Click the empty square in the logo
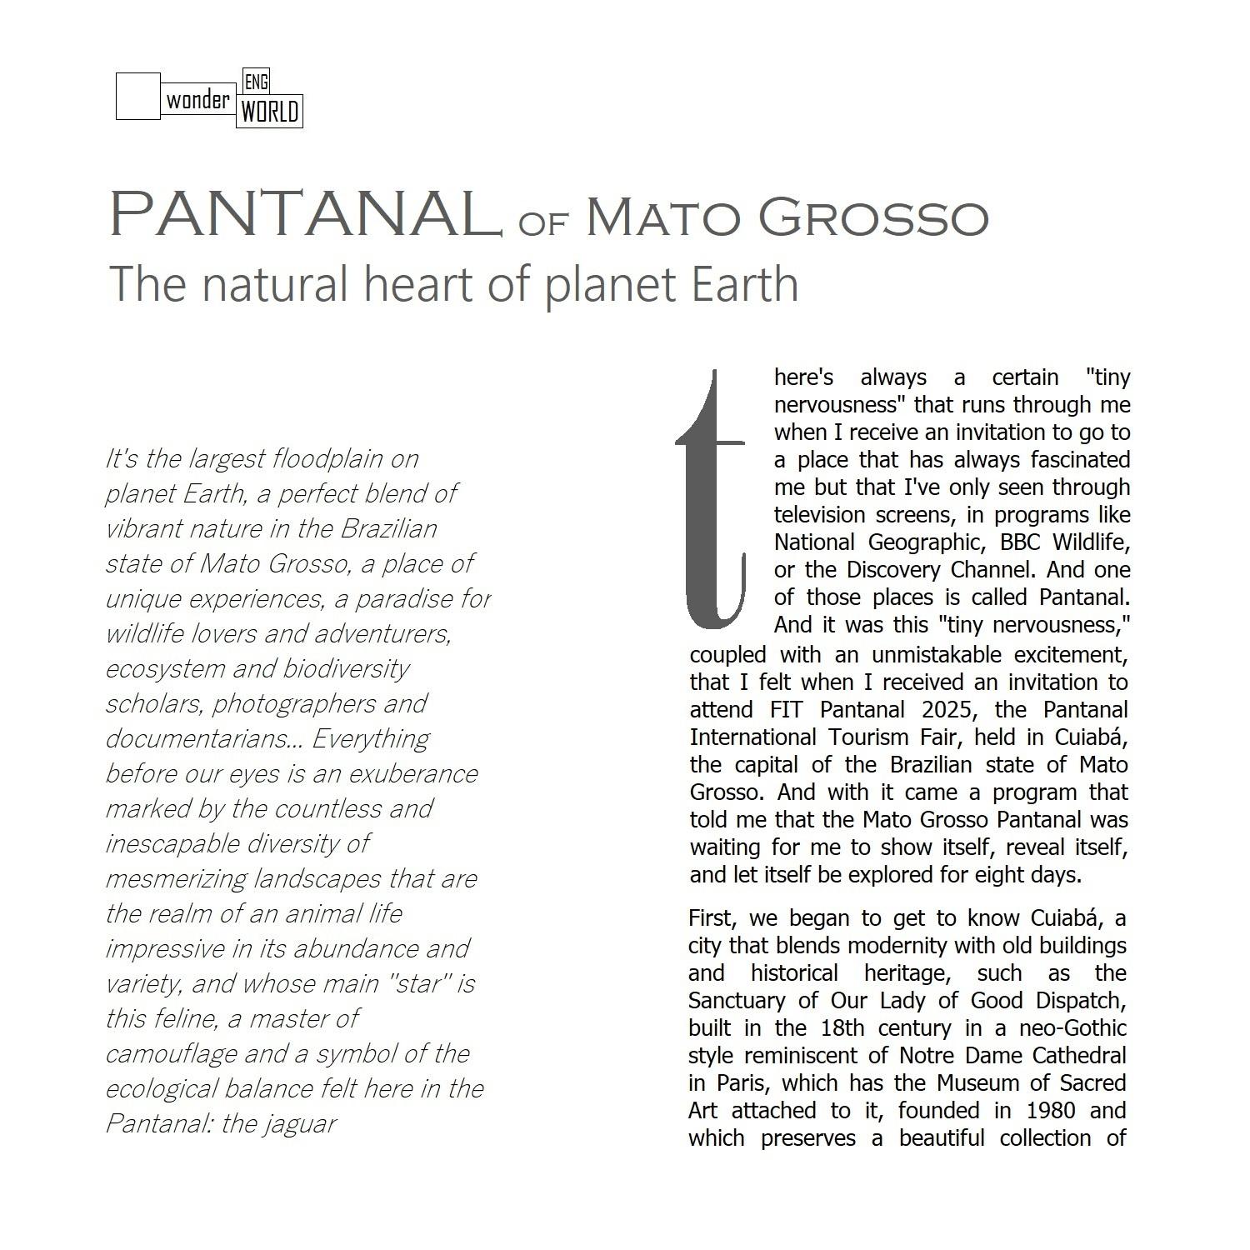click(x=137, y=96)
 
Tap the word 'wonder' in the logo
click(x=197, y=101)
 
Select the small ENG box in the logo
click(x=255, y=82)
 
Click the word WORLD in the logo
click(x=270, y=111)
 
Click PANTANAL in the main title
click(x=302, y=214)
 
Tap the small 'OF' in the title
click(x=542, y=222)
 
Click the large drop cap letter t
click(x=711, y=500)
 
